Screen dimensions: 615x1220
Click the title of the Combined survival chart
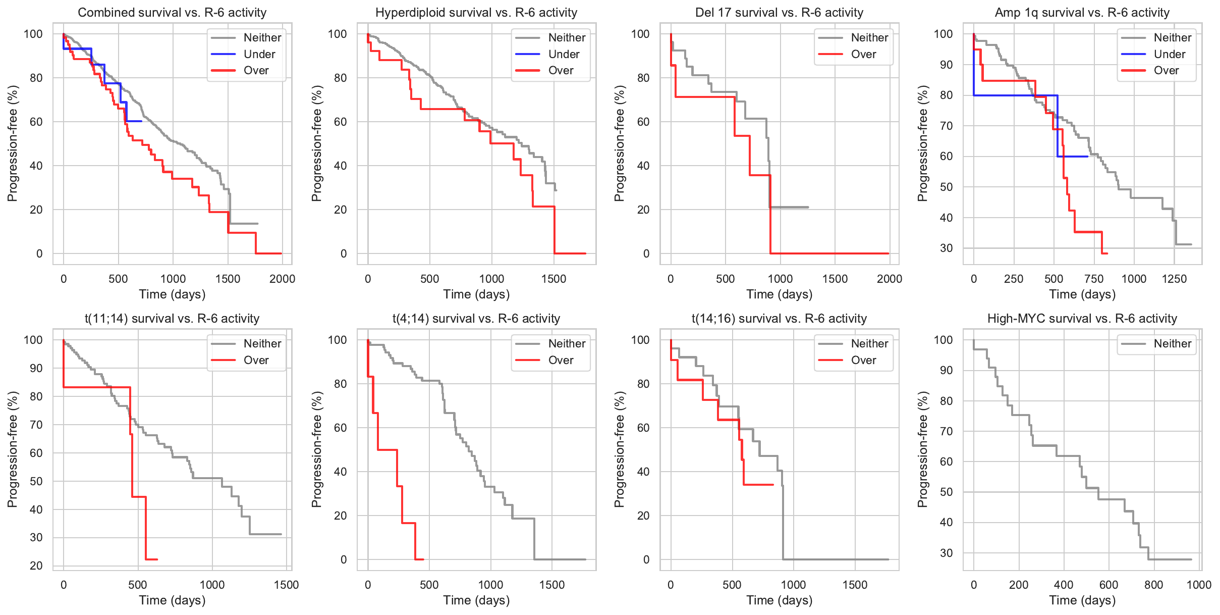point(172,13)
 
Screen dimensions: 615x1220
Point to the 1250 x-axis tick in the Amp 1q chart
point(1174,279)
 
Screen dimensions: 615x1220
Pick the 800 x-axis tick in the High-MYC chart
point(1153,585)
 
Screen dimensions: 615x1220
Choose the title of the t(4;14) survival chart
point(476,319)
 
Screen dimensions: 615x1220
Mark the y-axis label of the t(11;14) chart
point(13,449)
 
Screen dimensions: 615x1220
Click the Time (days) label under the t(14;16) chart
point(779,600)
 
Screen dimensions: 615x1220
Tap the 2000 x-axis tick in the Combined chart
point(282,279)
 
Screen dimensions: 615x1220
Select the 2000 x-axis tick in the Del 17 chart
point(889,279)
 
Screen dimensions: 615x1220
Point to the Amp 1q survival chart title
point(1082,13)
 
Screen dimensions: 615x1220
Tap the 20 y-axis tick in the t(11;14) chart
point(36,566)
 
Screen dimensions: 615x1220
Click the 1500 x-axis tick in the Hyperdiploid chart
point(553,279)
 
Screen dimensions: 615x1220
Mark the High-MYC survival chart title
point(1082,319)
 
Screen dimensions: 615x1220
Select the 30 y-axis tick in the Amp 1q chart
point(946,248)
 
